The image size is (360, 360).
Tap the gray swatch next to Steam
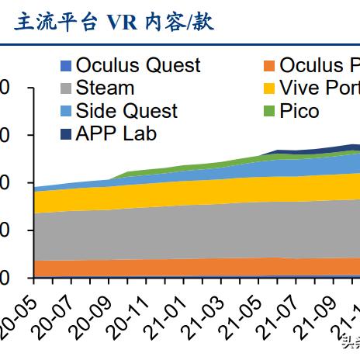point(66,88)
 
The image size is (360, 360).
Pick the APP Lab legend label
point(116,133)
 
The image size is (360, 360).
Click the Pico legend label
point(299,111)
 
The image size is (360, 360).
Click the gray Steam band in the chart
point(194,231)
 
